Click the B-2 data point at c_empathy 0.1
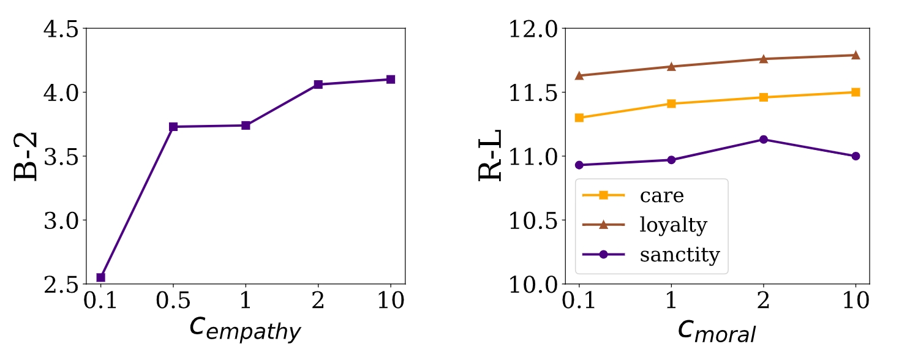click(101, 277)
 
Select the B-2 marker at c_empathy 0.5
click(173, 127)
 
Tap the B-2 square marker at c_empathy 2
click(318, 84)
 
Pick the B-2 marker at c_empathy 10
click(391, 80)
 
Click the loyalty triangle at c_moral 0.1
click(579, 75)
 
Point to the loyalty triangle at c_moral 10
click(856, 55)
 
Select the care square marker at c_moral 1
click(671, 103)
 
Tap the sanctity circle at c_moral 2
click(763, 140)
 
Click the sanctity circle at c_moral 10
click(856, 156)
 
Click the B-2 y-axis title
click(26, 156)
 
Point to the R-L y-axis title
click(490, 156)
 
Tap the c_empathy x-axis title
click(245, 329)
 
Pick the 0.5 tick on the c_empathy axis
click(173, 301)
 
